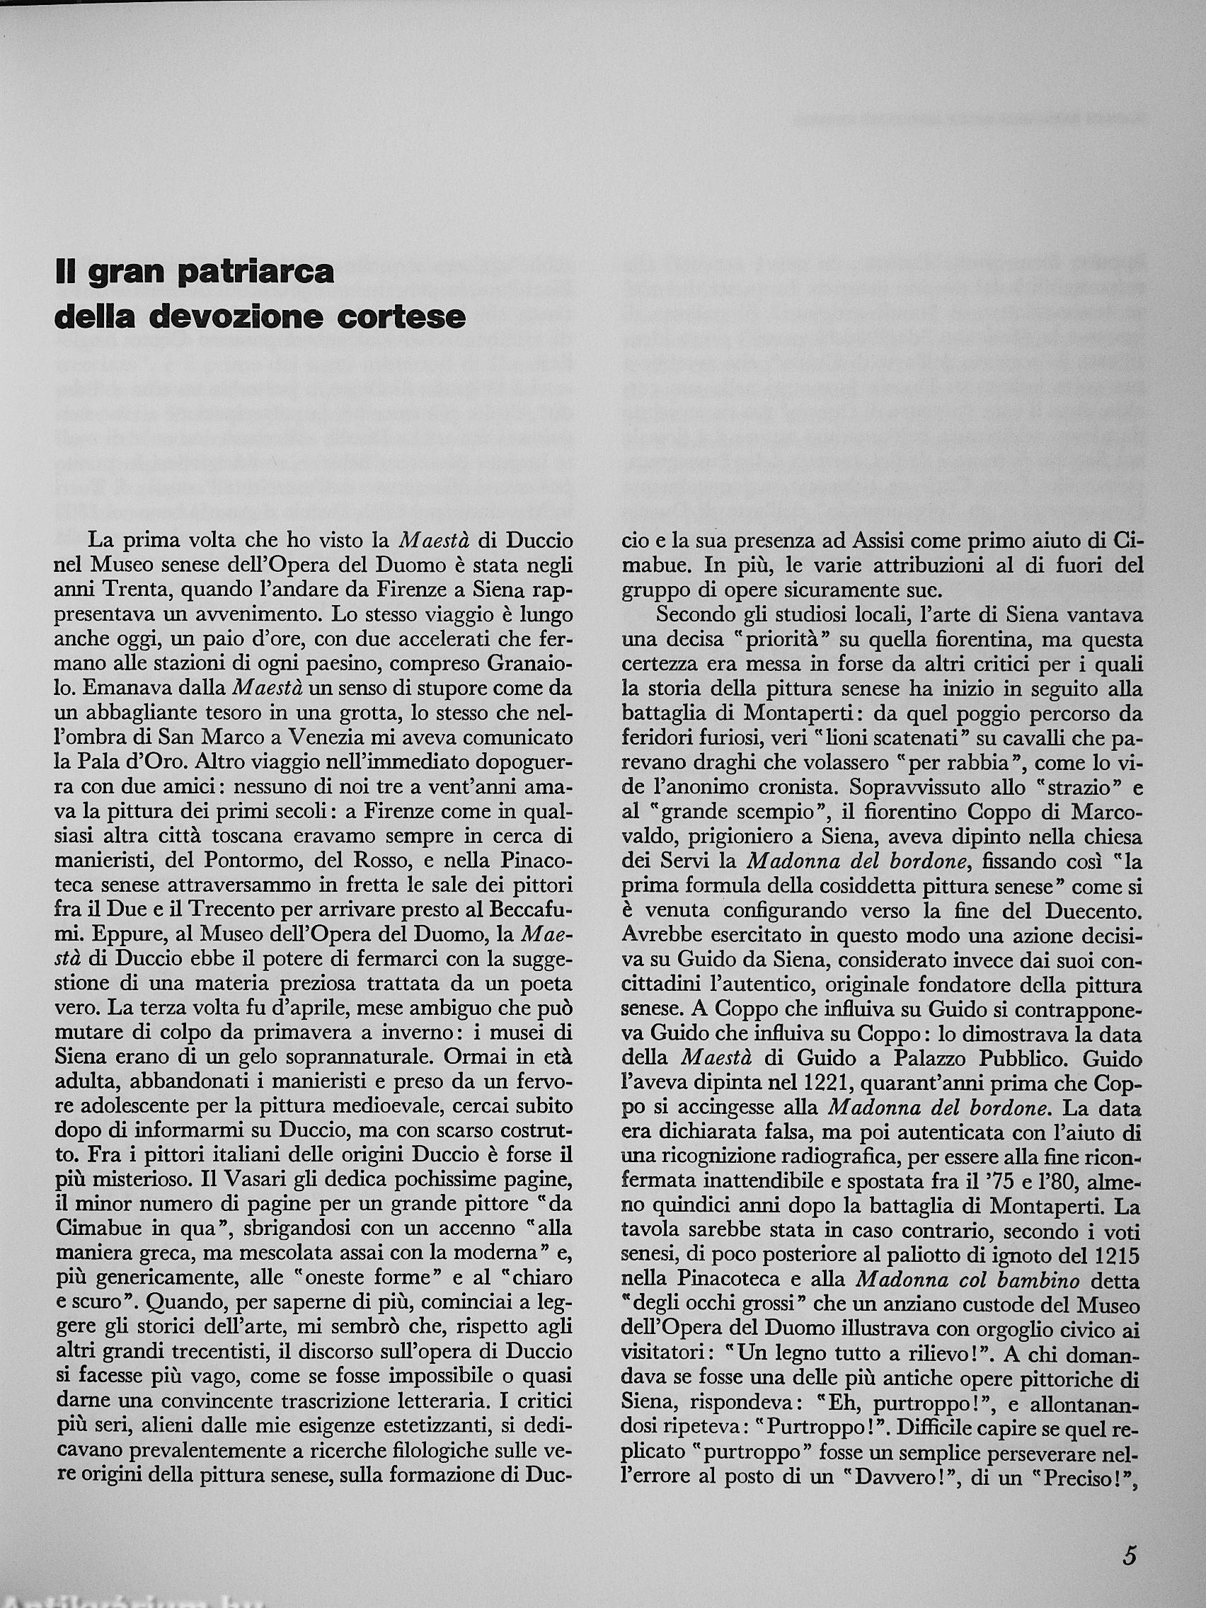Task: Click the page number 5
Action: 1129,1551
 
